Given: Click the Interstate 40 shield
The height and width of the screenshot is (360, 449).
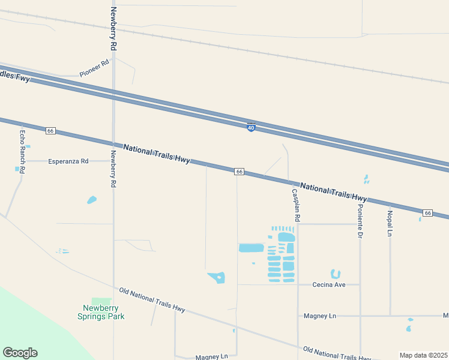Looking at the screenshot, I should tap(251, 128).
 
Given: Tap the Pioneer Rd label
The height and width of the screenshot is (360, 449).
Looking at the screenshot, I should tap(94, 68).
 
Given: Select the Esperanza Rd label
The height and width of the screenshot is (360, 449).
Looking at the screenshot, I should tap(68, 161).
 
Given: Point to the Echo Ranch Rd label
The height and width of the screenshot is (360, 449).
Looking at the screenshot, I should tap(22, 152).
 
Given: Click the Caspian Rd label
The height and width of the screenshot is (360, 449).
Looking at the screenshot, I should tap(295, 204).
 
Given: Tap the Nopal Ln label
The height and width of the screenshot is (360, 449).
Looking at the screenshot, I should tap(390, 223).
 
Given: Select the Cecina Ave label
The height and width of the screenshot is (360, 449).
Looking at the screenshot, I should tap(329, 284).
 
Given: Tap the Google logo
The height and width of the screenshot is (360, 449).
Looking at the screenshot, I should tap(20, 353).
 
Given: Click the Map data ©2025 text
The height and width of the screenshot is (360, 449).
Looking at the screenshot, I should tap(423, 355).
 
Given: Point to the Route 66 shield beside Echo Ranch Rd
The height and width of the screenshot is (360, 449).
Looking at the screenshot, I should tap(50, 131).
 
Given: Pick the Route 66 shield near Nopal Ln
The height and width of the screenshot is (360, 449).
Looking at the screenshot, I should tap(427, 213).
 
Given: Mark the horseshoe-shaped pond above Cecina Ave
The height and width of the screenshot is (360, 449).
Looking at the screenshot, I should tap(336, 274).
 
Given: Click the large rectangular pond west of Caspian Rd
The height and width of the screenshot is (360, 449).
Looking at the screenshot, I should tap(252, 248).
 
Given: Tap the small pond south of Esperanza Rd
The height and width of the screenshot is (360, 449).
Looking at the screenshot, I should tap(92, 200).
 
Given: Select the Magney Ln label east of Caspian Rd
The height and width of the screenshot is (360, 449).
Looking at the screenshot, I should tap(320, 316).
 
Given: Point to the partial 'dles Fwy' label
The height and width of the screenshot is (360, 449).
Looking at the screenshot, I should tap(14, 76).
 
